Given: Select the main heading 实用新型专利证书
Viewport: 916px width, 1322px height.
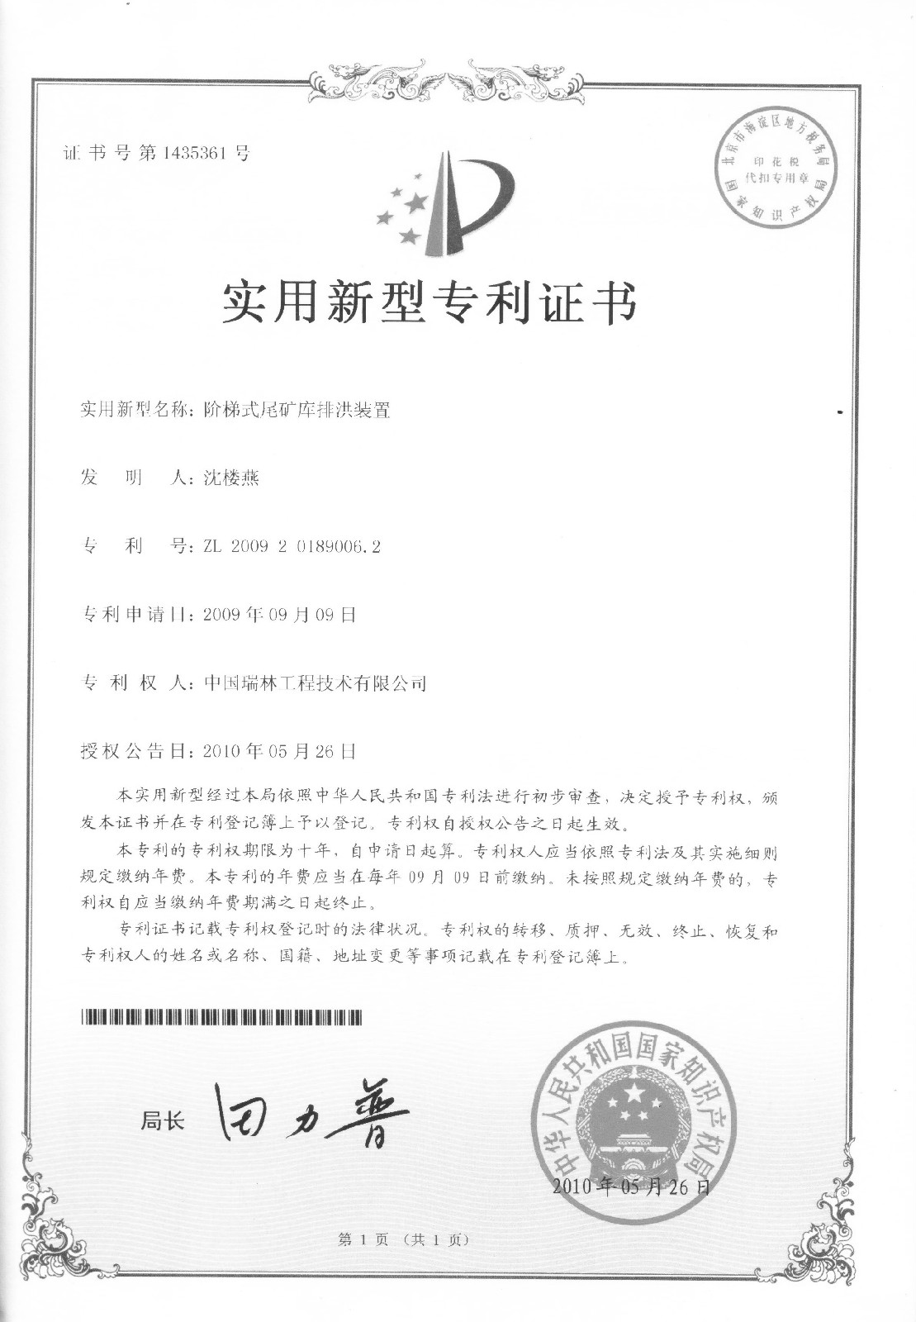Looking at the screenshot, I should coord(430,303).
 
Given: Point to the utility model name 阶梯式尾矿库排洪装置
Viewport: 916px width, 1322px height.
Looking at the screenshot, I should coord(297,409).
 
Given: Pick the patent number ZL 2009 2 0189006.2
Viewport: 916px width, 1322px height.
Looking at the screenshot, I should coord(286,547).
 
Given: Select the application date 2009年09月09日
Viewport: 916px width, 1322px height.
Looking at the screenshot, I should coord(273,615).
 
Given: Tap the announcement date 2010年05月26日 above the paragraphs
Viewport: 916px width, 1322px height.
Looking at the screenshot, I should coord(273,751).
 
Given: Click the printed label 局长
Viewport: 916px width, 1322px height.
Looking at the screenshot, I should coord(163,1120).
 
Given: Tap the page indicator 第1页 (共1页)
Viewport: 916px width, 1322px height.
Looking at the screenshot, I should coord(403,1239).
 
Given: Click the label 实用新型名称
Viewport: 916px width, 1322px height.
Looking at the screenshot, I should coord(135,409).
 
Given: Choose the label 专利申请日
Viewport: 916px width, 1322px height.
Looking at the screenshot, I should coord(135,615).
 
